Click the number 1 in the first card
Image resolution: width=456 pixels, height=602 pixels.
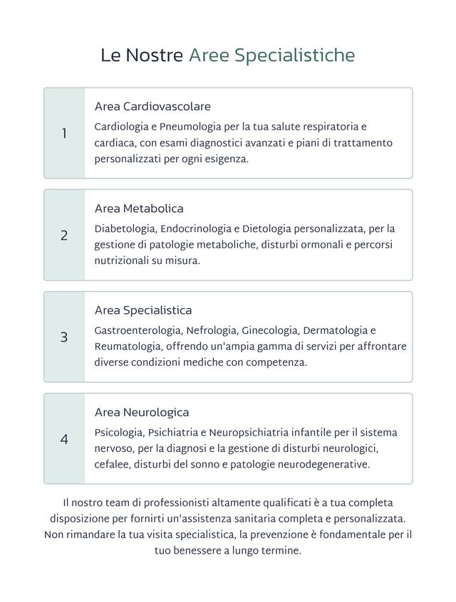click(64, 133)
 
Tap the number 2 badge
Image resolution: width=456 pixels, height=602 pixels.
click(64, 236)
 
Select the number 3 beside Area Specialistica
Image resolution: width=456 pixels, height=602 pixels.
click(64, 337)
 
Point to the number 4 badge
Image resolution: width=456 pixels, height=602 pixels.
click(64, 439)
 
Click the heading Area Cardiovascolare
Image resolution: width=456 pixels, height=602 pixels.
click(152, 107)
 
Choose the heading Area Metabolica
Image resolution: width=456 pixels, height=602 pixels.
click(139, 209)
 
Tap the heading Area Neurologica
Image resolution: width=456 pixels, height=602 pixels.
click(142, 413)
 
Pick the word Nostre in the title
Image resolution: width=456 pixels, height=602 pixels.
click(154, 56)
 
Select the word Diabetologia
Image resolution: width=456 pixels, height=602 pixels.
click(124, 229)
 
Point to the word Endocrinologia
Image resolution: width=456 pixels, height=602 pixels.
click(196, 229)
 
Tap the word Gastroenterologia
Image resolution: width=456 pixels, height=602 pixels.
click(138, 331)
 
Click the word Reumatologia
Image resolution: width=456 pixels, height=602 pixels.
click(128, 347)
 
